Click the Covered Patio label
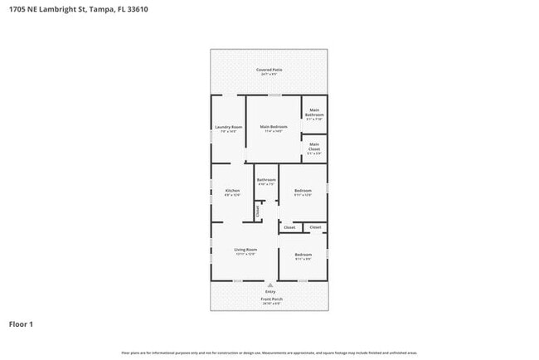(x=269, y=70)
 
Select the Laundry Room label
(x=227, y=127)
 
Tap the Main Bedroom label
(x=274, y=127)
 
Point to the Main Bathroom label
(x=314, y=113)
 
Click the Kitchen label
(x=232, y=191)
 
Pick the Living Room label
(x=245, y=250)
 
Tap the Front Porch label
(x=270, y=299)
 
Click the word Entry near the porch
(x=270, y=292)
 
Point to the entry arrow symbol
(x=270, y=285)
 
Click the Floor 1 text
(x=21, y=324)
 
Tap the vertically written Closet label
(x=258, y=211)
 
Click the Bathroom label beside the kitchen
(x=266, y=180)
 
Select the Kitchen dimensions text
(x=232, y=196)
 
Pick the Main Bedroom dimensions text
(x=274, y=132)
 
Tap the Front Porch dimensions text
(x=270, y=304)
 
